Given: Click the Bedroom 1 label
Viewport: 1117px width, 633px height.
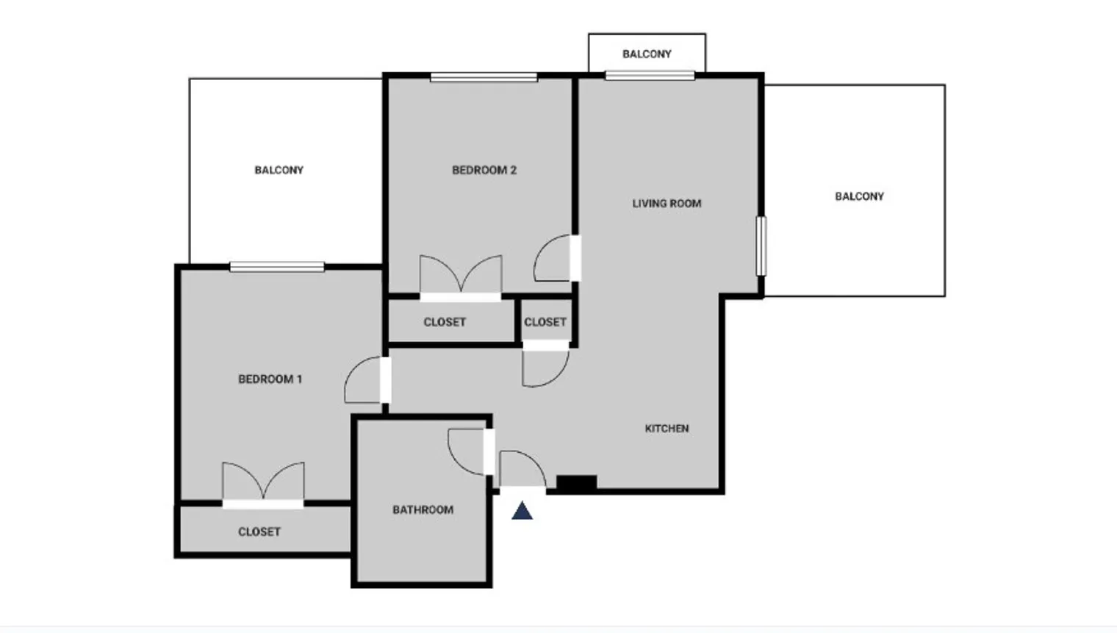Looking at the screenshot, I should [x=270, y=379].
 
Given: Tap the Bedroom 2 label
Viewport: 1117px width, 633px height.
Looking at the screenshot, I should [x=484, y=171].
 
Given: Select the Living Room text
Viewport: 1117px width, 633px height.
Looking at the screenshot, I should [x=667, y=204].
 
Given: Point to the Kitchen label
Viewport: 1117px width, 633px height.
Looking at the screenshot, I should [x=667, y=429].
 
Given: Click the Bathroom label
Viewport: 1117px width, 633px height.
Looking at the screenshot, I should [x=423, y=509].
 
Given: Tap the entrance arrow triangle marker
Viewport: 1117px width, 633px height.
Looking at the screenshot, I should [x=522, y=511].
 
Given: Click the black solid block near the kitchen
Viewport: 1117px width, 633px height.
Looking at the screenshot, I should [x=576, y=483].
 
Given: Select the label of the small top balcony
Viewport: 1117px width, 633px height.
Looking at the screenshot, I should [x=647, y=54].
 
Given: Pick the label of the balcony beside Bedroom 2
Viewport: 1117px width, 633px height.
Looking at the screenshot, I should [x=279, y=171].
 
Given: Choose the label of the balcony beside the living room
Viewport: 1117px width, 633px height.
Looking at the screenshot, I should [x=859, y=196].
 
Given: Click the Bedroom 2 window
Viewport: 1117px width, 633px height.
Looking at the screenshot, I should [x=484, y=77].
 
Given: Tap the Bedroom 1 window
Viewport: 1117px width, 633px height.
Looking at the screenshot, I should [x=276, y=267].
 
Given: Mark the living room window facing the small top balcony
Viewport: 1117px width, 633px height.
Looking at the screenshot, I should [x=650, y=75].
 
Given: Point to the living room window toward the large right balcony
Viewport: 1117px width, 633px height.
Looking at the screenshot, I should [x=761, y=246].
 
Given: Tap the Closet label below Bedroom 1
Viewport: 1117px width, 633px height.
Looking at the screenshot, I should [x=259, y=532].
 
